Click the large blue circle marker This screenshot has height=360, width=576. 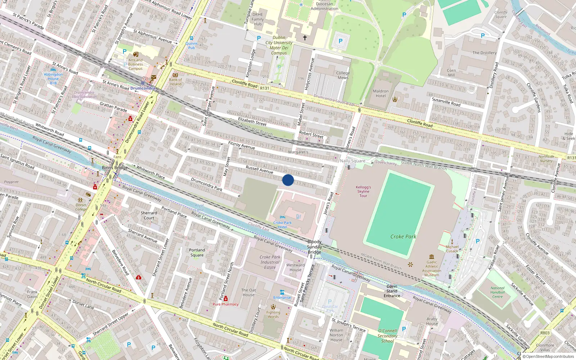(x=288, y=180)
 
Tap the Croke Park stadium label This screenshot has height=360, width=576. (x=403, y=237)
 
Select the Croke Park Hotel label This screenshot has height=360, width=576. (x=283, y=225)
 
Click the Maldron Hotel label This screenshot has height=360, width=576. (x=381, y=94)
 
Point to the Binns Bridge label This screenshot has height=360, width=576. (x=115, y=168)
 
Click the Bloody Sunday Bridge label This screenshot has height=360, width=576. (x=314, y=247)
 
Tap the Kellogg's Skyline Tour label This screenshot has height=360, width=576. (x=363, y=192)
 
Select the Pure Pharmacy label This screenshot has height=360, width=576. (x=226, y=304)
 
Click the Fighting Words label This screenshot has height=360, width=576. (x=273, y=314)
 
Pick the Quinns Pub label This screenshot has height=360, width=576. (x=192, y=46)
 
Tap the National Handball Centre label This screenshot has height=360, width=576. (x=497, y=292)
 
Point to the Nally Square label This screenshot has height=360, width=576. (x=352, y=161)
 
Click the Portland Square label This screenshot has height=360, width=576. (x=197, y=252)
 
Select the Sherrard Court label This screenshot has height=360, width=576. (x=149, y=215)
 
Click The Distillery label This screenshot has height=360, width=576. (x=484, y=53)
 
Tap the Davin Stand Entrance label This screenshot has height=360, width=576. (x=392, y=291)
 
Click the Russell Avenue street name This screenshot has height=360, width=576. (x=259, y=170)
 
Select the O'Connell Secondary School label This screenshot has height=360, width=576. (x=388, y=336)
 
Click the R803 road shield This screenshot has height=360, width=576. (x=545, y=333)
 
